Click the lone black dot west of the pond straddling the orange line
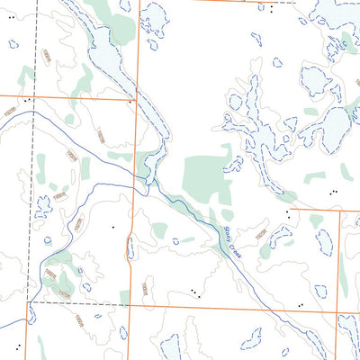(113, 227)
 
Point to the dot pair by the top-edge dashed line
(270, 8)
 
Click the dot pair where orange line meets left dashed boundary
(28, 99)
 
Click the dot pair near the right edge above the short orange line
(334, 192)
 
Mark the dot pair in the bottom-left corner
(17, 346)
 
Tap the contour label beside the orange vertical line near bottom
(143, 288)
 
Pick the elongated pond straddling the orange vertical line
(131, 248)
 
